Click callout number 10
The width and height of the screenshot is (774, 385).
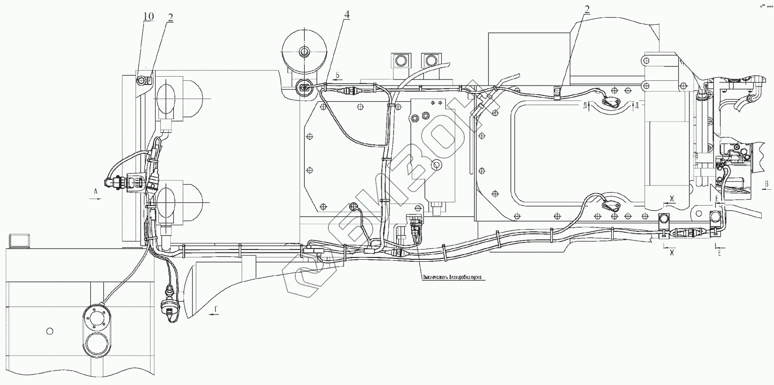148,17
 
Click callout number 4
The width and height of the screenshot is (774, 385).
346,14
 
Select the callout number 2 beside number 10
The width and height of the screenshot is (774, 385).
170,18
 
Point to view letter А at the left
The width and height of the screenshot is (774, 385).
95,191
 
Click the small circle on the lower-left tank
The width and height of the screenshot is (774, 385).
50,331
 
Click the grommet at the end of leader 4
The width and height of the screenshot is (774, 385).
305,86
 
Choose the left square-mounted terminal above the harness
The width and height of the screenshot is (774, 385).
400,60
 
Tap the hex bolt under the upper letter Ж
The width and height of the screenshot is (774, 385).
663,218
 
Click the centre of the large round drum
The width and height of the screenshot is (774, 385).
305,51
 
